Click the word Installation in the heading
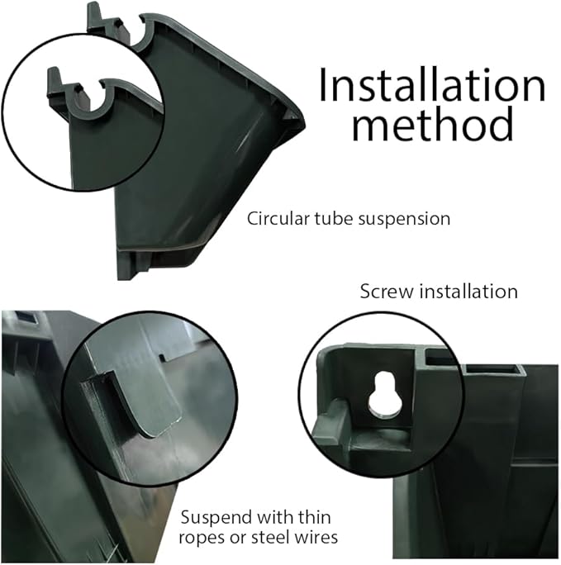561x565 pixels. (431, 85)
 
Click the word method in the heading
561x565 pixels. (433, 124)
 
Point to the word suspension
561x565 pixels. (404, 220)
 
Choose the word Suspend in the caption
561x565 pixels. (216, 518)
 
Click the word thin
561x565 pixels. (314, 517)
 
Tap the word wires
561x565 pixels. (316, 537)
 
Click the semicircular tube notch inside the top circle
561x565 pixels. (88, 105)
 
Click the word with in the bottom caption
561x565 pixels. (275, 517)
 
